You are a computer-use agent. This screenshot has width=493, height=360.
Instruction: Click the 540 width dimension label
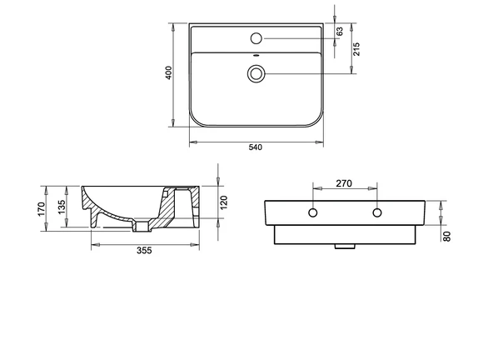256,147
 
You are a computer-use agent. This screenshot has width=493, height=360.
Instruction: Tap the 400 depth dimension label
169,72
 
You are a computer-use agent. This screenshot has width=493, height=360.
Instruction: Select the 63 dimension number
340,32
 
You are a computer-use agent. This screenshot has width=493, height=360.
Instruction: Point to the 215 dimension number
356,49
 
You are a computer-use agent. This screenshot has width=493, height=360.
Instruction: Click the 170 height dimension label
42,209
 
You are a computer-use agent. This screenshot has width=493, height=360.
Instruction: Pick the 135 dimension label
62,207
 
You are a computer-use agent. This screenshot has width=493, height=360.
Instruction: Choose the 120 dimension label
223,202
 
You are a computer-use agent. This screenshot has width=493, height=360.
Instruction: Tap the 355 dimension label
144,251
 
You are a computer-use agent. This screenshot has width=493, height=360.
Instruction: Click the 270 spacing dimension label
344,183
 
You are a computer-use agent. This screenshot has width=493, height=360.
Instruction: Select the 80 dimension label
446,237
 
